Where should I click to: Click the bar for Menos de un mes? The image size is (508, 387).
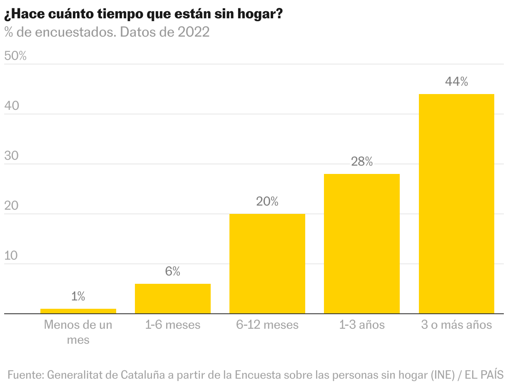[78, 311]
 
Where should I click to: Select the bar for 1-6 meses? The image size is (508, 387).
[173, 299]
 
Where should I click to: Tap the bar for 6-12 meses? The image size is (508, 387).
[267, 264]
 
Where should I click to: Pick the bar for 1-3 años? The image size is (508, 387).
[362, 244]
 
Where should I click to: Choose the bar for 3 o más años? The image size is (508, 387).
[456, 204]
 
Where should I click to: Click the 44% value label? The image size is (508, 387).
[456, 82]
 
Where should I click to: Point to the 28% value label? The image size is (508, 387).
[362, 162]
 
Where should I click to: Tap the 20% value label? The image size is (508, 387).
[267, 202]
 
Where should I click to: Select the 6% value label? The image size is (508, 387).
[173, 272]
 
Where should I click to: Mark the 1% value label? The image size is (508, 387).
[78, 297]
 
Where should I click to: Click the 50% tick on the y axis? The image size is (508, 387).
[15, 56]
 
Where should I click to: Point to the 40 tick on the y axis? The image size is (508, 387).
[12, 106]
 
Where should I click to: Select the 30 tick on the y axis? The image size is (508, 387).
[12, 156]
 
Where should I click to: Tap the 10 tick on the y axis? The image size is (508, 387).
[12, 256]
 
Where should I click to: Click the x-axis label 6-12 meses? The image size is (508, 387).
[267, 325]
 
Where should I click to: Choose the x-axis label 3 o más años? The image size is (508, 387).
[456, 325]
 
